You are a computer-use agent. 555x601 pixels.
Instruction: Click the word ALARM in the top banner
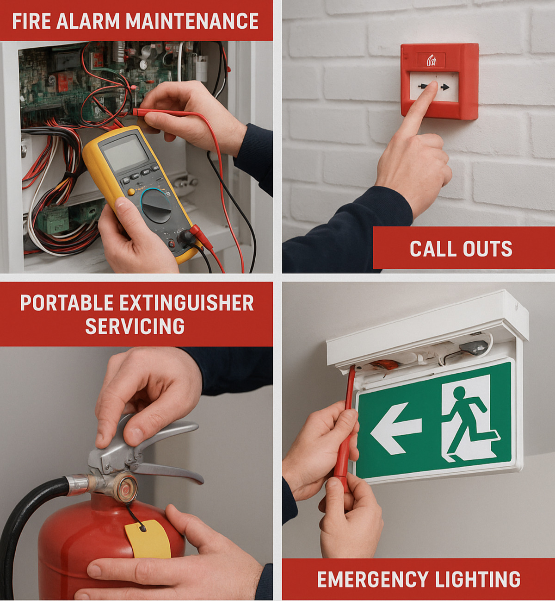(88, 21)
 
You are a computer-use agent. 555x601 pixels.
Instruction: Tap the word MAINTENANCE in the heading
(192, 21)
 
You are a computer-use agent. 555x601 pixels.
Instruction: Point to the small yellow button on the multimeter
(131, 192)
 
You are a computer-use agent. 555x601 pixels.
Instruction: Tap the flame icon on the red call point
(432, 61)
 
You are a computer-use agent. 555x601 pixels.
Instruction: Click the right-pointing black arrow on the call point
(444, 87)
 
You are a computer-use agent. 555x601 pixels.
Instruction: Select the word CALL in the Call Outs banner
(432, 249)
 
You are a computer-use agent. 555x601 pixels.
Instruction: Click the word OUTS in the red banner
(487, 249)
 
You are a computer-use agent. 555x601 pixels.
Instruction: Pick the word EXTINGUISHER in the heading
(186, 303)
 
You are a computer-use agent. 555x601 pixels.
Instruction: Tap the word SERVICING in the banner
(135, 326)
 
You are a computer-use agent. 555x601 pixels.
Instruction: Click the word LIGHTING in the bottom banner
(478, 579)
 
